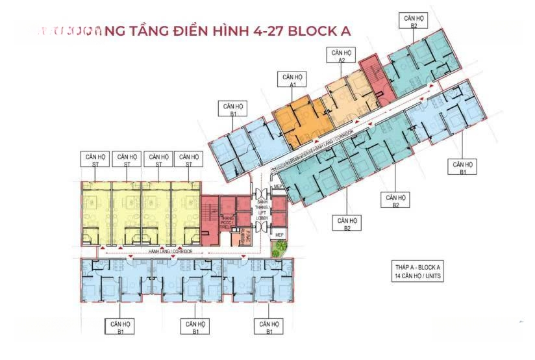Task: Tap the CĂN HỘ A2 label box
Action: click(x=341, y=55)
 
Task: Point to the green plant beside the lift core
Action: click(x=281, y=248)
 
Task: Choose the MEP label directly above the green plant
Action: click(x=280, y=235)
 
